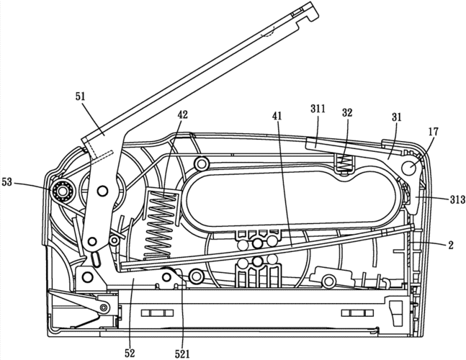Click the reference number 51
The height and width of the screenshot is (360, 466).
(x=80, y=96)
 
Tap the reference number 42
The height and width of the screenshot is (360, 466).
(x=183, y=114)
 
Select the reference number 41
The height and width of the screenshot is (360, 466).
(x=277, y=115)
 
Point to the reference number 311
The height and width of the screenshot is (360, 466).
(x=318, y=109)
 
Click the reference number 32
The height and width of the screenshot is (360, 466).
(x=347, y=112)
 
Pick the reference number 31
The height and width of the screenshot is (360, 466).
(x=396, y=117)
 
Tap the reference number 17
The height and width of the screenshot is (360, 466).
(x=433, y=132)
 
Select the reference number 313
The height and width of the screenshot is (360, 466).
(x=457, y=200)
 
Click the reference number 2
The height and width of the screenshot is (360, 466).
(x=451, y=245)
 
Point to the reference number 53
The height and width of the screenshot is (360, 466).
(x=6, y=181)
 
